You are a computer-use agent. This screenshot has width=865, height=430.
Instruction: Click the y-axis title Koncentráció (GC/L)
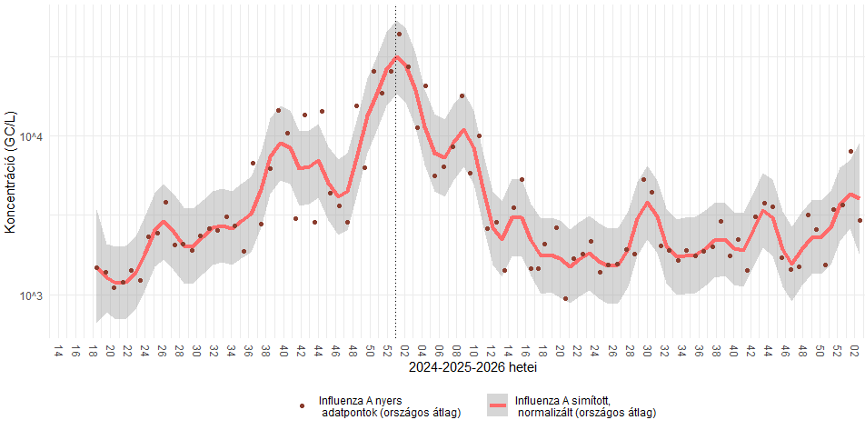pyautogui.click(x=11, y=170)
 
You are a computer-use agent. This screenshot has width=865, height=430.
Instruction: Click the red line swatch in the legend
pyautogui.click(x=498, y=406)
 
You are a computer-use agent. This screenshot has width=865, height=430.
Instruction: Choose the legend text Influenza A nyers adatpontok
pyautogui.click(x=388, y=406)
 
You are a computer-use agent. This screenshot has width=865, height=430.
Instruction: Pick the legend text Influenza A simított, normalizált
pyautogui.click(x=584, y=406)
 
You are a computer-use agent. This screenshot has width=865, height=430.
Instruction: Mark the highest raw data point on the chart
pyautogui.click(x=399, y=35)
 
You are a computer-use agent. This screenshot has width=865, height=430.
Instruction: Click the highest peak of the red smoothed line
pyautogui.click(x=396, y=57)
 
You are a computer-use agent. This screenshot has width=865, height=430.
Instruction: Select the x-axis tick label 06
pyautogui.click(x=439, y=350)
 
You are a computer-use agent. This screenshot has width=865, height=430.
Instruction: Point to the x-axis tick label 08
pyautogui.click(x=456, y=350)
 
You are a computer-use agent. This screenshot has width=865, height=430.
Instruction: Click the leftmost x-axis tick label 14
pyautogui.click(x=58, y=350)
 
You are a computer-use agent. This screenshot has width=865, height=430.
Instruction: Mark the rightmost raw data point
pyautogui.click(x=860, y=220)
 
